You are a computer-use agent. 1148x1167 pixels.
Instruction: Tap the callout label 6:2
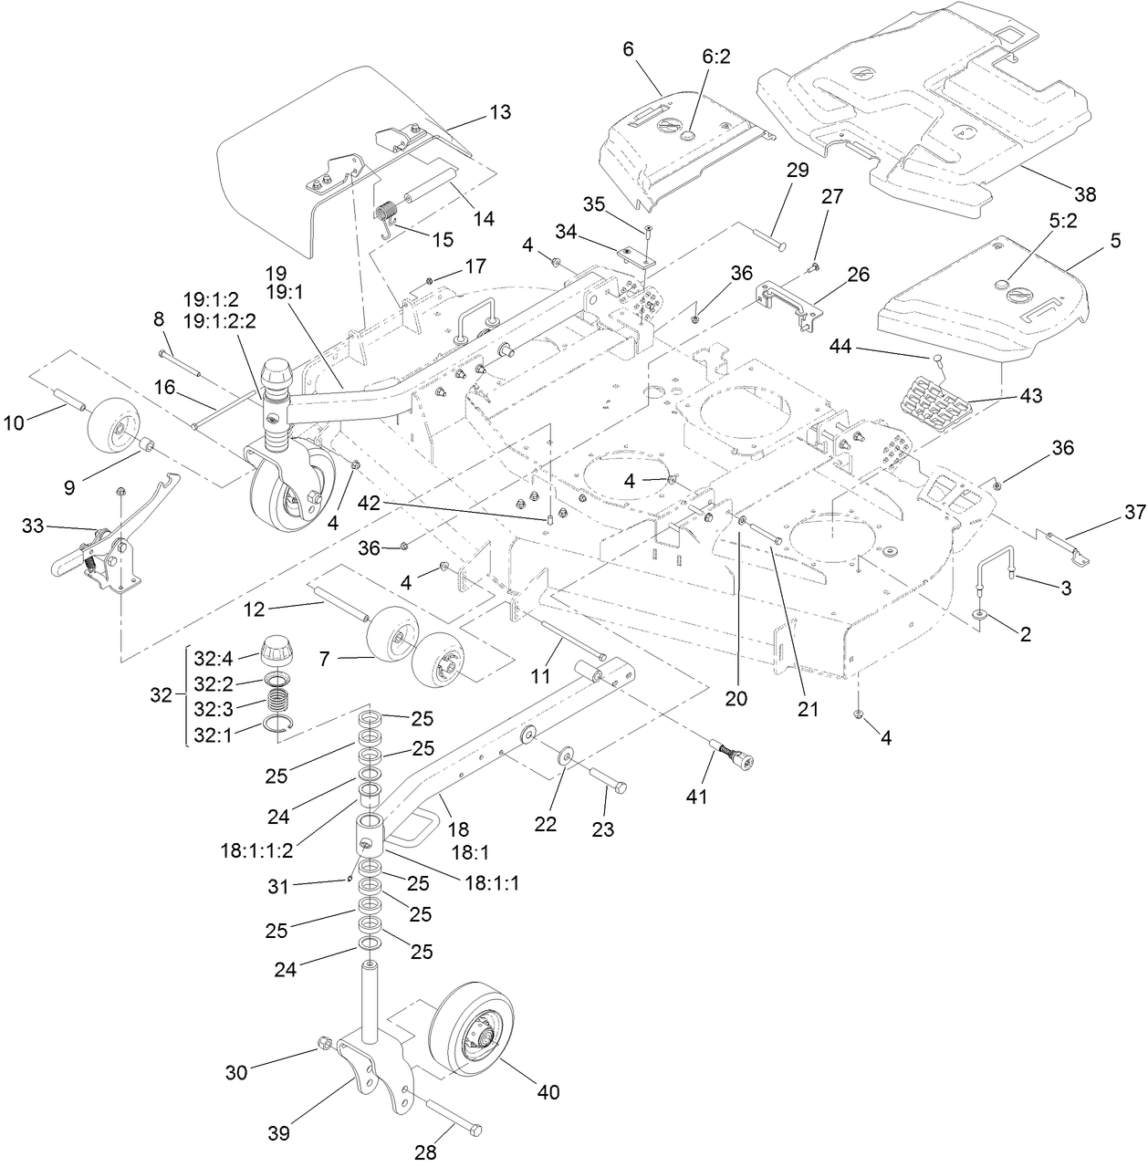pyautogui.click(x=716, y=57)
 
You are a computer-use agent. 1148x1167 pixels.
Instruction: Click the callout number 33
pyautogui.click(x=33, y=526)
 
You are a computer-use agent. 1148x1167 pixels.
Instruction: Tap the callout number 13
pyautogui.click(x=499, y=113)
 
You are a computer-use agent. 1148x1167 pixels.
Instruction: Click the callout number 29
pyautogui.click(x=797, y=171)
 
